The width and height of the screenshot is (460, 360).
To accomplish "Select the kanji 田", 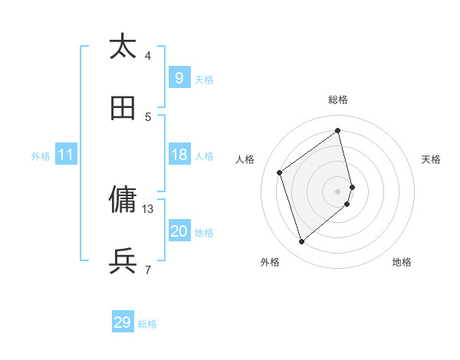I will [x=123, y=108].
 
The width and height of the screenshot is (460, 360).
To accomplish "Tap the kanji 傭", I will [x=123, y=200].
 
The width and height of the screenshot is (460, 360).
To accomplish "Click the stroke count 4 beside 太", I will [x=148, y=55].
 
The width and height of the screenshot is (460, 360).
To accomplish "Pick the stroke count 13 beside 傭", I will [x=148, y=208].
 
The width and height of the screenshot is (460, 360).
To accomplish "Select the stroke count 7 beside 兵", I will [x=148, y=270].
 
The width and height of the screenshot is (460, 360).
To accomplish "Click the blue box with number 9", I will [x=179, y=77].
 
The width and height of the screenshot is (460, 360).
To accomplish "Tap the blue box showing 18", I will [x=179, y=155].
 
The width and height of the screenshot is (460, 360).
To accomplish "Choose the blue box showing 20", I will [x=179, y=231].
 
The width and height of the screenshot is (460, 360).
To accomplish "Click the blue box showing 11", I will [x=66, y=155].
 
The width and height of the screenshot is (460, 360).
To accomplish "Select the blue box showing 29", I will [x=122, y=322].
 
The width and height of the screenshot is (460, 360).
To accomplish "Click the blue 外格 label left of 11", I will [x=41, y=156].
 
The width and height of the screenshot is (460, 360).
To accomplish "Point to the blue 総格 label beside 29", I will [x=147, y=324].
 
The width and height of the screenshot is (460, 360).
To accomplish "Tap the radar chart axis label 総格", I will [x=338, y=100].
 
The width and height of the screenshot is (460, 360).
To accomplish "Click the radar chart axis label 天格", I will [x=432, y=159].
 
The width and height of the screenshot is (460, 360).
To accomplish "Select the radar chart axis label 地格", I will [x=402, y=262].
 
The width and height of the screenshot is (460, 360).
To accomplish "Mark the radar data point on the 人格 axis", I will [x=280, y=172].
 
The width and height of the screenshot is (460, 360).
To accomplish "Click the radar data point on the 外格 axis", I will [x=301, y=242].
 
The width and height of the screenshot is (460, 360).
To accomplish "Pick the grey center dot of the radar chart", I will [x=338, y=191].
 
